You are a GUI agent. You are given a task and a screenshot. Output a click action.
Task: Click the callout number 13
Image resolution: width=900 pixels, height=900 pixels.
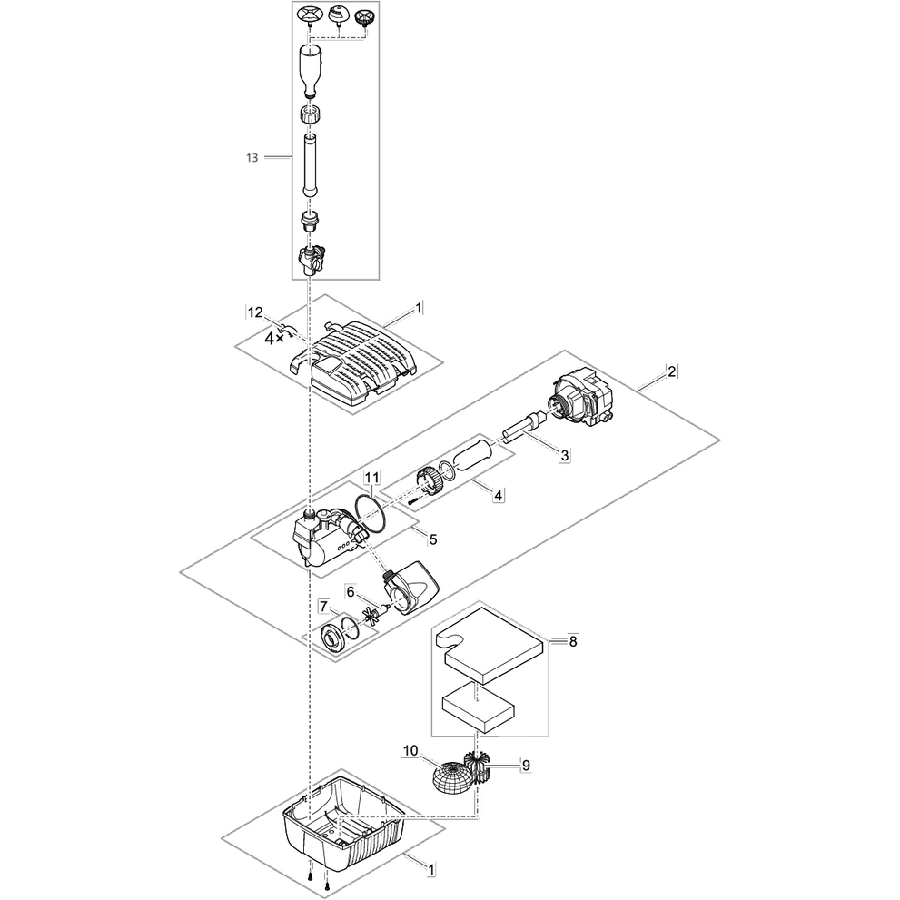[x=251, y=157]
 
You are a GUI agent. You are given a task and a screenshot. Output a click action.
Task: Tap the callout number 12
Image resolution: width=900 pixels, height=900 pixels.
[x=254, y=312]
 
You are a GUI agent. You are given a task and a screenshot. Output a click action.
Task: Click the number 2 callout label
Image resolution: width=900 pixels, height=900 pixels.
[x=671, y=371]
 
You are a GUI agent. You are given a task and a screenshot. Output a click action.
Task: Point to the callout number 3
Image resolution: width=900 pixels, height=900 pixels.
[x=564, y=455]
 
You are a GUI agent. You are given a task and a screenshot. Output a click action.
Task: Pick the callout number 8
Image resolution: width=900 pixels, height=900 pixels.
[x=572, y=641]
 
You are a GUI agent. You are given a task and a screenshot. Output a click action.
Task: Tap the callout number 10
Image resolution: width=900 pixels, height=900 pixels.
[x=410, y=751]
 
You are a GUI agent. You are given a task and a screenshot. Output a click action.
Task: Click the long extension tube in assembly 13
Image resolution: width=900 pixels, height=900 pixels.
[x=310, y=164]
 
